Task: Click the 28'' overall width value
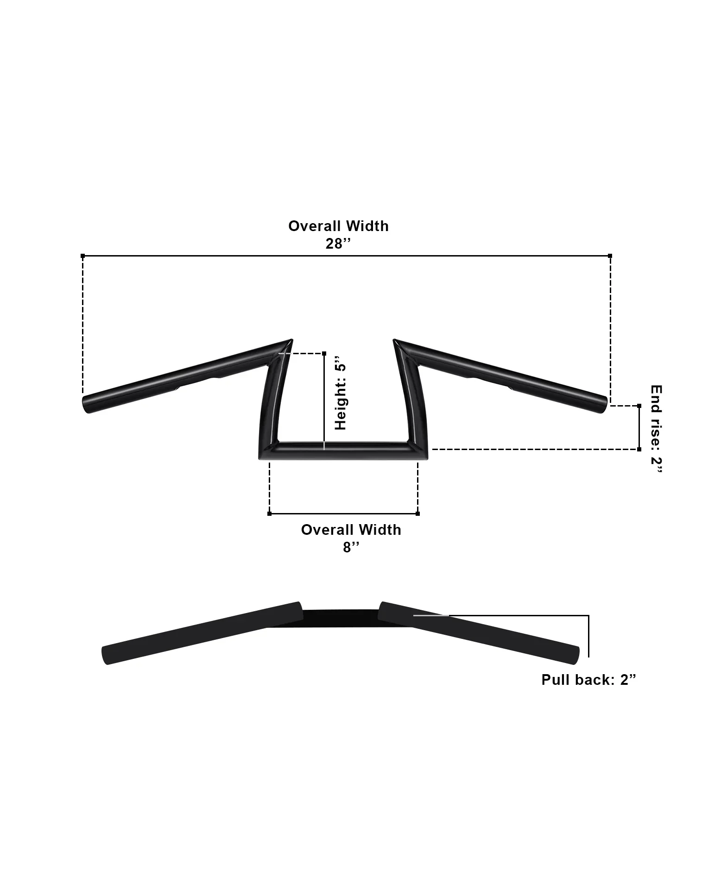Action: pyautogui.click(x=338, y=244)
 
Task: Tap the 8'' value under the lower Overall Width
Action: pyautogui.click(x=351, y=547)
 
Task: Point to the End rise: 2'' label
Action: pyautogui.click(x=656, y=428)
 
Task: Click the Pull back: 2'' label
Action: pyautogui.click(x=588, y=680)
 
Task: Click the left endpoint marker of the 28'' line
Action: pyautogui.click(x=83, y=256)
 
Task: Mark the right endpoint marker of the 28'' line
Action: pyautogui.click(x=610, y=256)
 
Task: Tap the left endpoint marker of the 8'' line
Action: pyautogui.click(x=270, y=513)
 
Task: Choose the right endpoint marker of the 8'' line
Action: pyautogui.click(x=417, y=513)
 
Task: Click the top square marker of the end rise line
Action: pyautogui.click(x=639, y=406)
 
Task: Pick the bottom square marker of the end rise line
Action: pyautogui.click(x=639, y=449)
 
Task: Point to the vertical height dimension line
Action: pyautogui.click(x=323, y=401)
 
